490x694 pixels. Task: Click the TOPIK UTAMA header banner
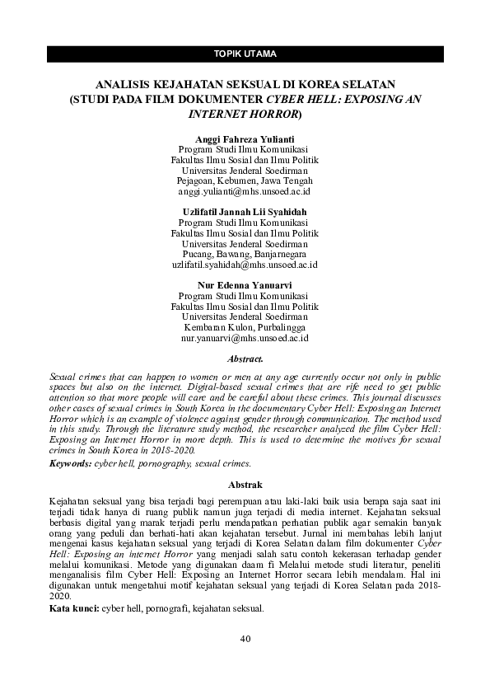[x=245, y=54]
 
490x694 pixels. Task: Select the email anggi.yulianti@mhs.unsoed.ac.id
[x=245, y=190]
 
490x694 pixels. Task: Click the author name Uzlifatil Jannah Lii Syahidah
[x=245, y=212]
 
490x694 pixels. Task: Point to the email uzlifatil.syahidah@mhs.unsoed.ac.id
[x=245, y=265]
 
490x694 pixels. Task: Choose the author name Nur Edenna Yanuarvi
[x=245, y=285]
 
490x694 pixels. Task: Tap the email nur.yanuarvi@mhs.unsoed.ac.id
[x=245, y=338]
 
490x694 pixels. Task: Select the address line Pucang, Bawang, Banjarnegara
[x=245, y=254]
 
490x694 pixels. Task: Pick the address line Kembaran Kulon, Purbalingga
[x=245, y=327]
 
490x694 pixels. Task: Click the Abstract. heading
[x=245, y=359]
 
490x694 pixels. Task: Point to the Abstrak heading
[x=245, y=485]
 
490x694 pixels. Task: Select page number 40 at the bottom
[x=245, y=639]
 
